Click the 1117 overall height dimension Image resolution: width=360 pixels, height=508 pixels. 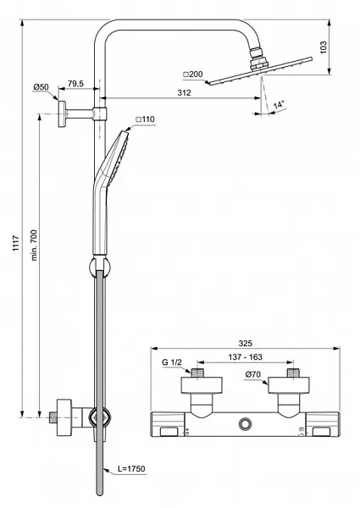[x=15, y=244]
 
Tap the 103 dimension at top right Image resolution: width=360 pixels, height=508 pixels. [x=324, y=47]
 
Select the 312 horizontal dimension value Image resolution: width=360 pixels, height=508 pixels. [x=184, y=92]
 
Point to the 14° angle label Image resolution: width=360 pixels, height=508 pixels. [x=279, y=105]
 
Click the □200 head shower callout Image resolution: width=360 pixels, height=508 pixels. [x=193, y=75]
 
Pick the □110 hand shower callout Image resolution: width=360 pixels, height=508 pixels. [x=145, y=119]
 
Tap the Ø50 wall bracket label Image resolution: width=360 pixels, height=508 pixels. [x=41, y=87]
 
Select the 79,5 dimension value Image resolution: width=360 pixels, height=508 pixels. [x=75, y=84]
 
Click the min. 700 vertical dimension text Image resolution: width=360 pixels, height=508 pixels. [x=34, y=245]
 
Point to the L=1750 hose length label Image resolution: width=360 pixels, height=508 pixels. [x=131, y=468]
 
